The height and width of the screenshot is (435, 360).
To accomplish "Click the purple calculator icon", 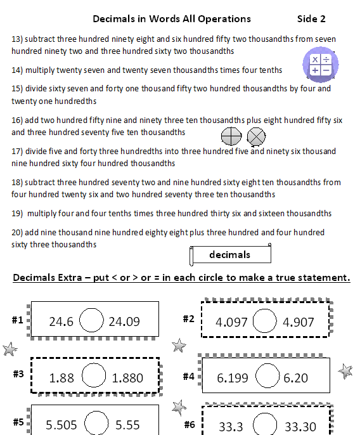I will (x=320, y=65).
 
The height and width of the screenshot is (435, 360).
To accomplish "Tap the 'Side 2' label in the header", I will (x=311, y=19).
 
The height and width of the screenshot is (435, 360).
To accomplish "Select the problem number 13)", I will (x=17, y=39).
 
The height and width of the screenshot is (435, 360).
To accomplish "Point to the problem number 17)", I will (x=17, y=152).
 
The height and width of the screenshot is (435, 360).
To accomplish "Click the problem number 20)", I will (x=17, y=233).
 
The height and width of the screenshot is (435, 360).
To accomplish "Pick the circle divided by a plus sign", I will (x=231, y=136).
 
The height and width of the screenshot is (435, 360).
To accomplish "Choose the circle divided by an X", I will (x=256, y=136).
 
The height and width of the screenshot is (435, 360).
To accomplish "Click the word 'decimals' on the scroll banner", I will (x=229, y=255).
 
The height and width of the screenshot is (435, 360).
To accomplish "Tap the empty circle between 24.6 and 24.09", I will (x=92, y=321).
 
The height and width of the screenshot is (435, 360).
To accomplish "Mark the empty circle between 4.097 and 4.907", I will (x=266, y=321).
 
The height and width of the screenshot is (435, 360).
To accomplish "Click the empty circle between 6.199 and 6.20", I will (x=266, y=377).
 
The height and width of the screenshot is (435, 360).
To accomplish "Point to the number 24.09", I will (x=124, y=321).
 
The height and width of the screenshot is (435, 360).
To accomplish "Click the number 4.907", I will (x=299, y=322).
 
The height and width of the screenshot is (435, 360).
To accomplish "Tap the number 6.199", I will (x=233, y=378).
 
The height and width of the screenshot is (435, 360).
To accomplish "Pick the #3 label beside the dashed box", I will (x=18, y=373).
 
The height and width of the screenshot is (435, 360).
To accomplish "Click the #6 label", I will (x=189, y=424).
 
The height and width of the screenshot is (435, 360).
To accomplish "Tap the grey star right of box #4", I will (x=345, y=371).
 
